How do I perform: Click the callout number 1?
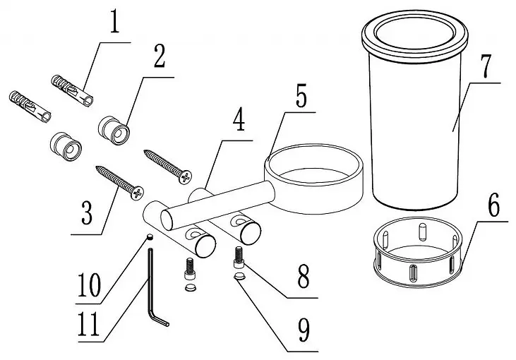coord(114,21)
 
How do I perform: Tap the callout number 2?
coord(160,56)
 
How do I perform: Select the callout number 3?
coord(87,212)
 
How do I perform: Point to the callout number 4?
coord(239,120)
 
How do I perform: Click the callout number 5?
coord(301,96)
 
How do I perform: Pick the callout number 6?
coord(493,205)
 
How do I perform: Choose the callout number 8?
coord(303,276)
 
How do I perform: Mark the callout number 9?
coord(304,330)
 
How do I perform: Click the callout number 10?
coord(89,285)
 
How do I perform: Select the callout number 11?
coord(88,324)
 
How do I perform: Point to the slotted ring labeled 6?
coord(417,282)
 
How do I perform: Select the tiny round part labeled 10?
coord(150,236)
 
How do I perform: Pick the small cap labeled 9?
coord(240,276)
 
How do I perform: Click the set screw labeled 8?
coord(239,258)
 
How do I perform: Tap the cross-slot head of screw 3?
coord(137,193)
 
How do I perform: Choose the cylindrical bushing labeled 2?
coord(114,131)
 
